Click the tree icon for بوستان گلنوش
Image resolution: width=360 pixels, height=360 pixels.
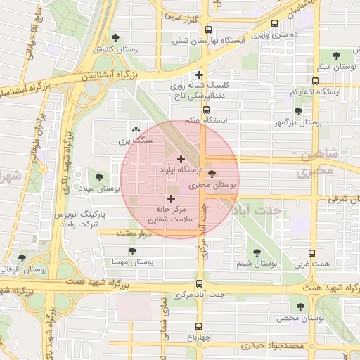pyautogui.click(x=116, y=39)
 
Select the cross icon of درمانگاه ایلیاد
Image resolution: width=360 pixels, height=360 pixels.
pyautogui.click(x=181, y=159)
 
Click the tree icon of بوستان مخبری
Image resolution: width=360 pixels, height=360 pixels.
pyautogui.click(x=213, y=174)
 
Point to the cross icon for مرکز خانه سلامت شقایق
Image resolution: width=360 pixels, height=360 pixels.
pyautogui.click(x=171, y=199)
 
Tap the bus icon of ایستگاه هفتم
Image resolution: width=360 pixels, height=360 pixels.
pyautogui.click(x=206, y=110)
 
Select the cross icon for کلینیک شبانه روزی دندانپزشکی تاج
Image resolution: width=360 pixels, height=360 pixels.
pyautogui.click(x=200, y=75)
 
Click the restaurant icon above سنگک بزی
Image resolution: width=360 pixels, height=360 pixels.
pyautogui.click(x=136, y=130)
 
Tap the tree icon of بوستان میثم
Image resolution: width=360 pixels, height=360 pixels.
pyautogui.click(x=336, y=55)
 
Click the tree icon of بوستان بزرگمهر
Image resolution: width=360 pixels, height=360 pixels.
pyautogui.click(x=298, y=111)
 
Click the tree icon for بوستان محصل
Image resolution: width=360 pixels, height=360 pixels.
pyautogui.click(x=302, y=307)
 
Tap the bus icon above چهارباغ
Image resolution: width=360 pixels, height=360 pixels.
pyautogui.click(x=199, y=326)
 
